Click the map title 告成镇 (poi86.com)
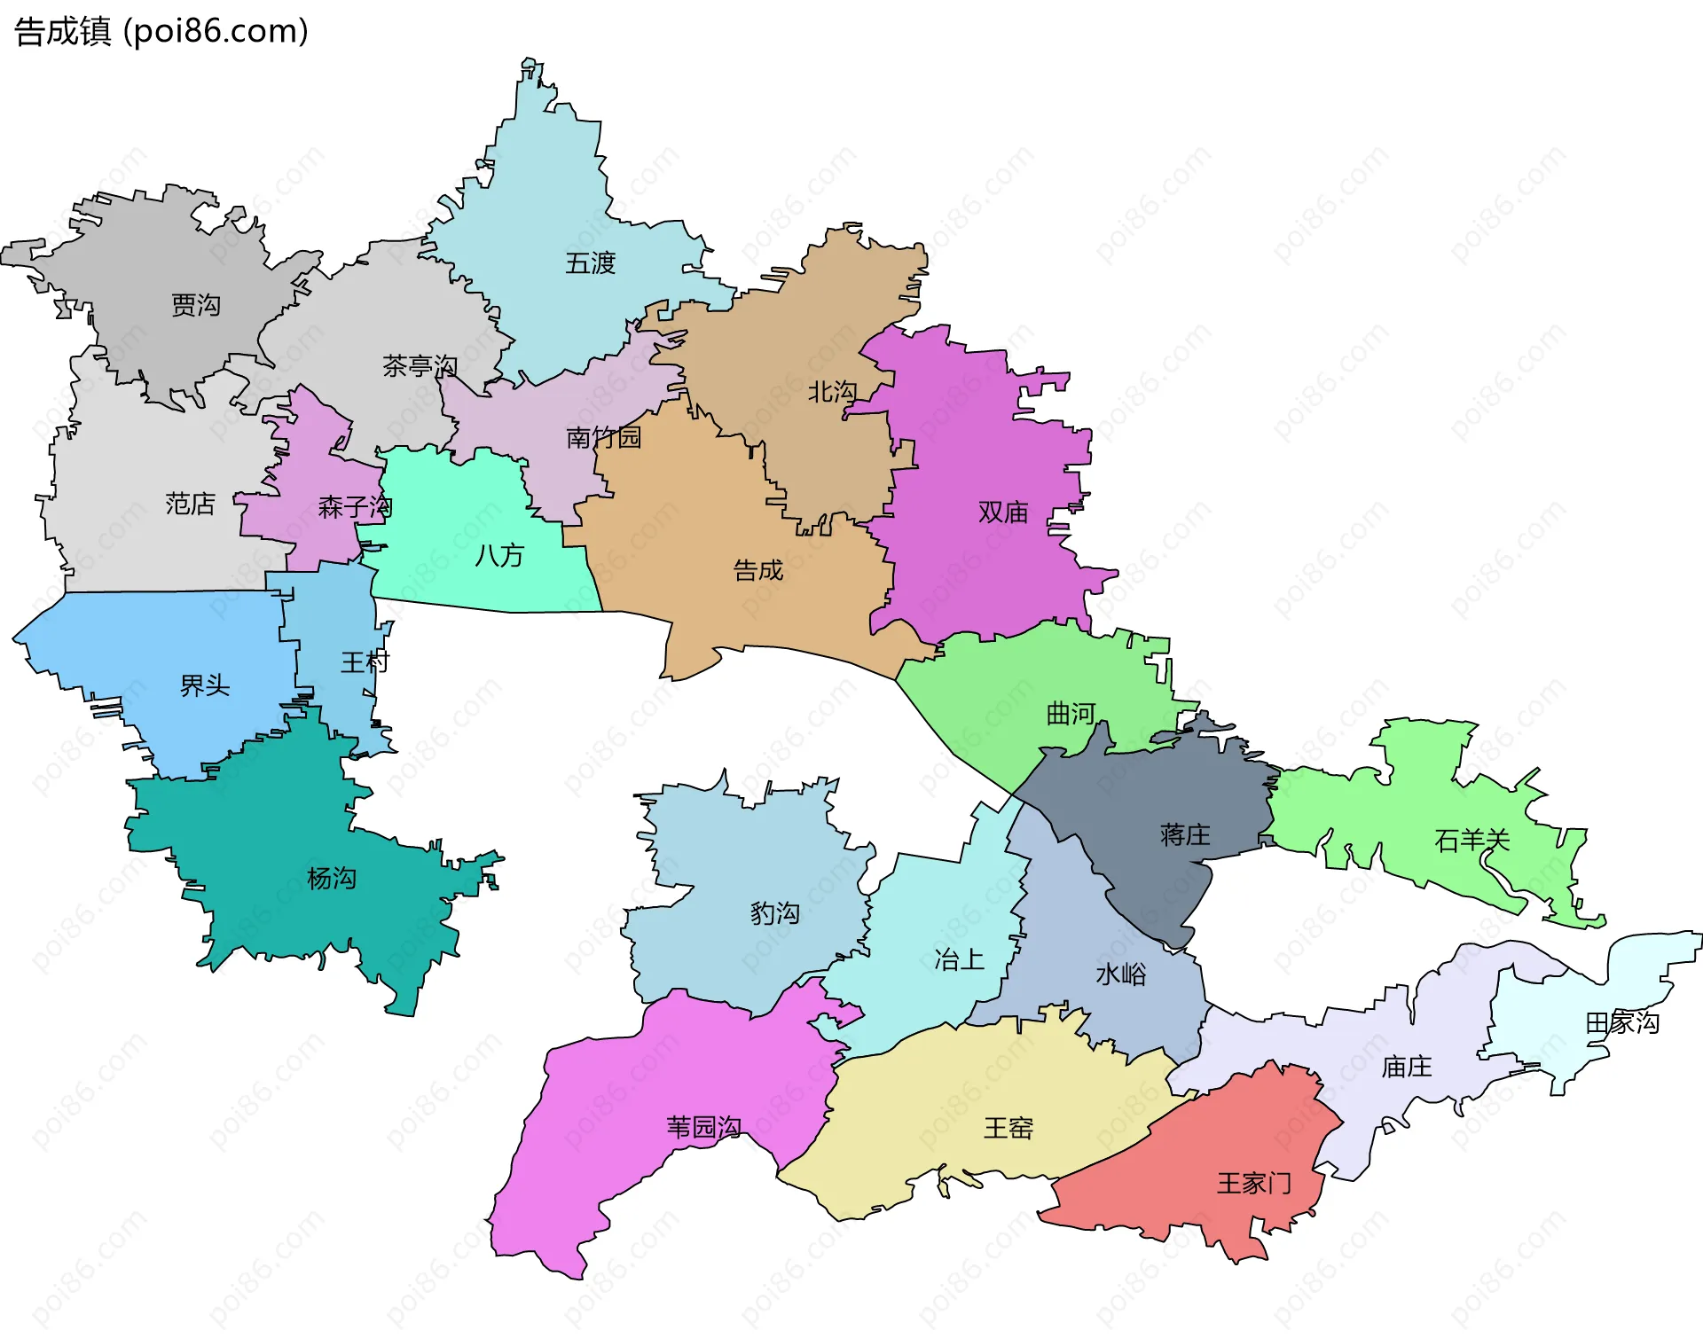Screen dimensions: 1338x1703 pos(161,31)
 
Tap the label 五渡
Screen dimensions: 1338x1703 pos(590,263)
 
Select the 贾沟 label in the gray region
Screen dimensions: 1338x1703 pos(195,305)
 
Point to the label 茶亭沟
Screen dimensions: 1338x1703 pos(420,365)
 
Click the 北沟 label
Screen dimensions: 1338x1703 pos(832,391)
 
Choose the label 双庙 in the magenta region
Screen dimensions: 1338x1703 pos(1003,512)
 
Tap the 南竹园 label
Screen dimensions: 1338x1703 pos(603,437)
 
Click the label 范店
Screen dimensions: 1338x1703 pos(190,504)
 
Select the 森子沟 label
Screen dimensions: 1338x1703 pos(355,507)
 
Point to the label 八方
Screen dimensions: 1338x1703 pos(499,555)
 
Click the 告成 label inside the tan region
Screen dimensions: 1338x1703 pos(758,570)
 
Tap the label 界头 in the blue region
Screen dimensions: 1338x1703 pos(205,685)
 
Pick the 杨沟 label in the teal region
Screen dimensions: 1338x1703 pos(332,879)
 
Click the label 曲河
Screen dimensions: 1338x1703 pos(1071,714)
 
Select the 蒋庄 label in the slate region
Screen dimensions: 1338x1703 pos(1185,834)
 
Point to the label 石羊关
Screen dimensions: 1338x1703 pos(1472,840)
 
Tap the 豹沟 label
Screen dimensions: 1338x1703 pos(775,913)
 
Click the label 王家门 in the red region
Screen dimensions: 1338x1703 pos(1254,1183)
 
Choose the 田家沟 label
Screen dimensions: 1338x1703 pos(1622,1022)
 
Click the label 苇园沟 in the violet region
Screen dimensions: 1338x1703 pos(704,1127)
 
